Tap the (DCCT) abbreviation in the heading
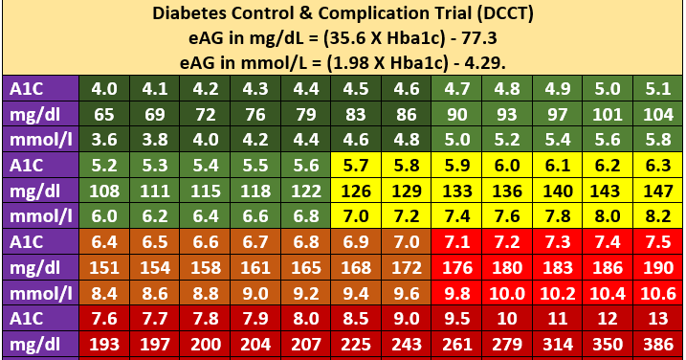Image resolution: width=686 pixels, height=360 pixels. click(x=484, y=14)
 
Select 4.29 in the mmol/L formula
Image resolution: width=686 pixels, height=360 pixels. click(x=485, y=63)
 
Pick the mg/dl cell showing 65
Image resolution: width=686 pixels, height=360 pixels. click(x=103, y=114)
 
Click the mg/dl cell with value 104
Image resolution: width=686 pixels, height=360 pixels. click(x=657, y=114)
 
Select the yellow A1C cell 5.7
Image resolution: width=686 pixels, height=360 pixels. click(x=356, y=164)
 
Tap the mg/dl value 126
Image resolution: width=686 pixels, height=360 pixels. click(x=356, y=190)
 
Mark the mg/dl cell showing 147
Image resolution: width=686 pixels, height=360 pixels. click(x=657, y=190)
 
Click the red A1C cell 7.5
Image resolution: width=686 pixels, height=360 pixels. click(x=657, y=239)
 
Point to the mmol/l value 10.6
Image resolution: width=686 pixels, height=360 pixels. click(x=657, y=289)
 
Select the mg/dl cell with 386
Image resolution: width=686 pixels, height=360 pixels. click(x=657, y=341)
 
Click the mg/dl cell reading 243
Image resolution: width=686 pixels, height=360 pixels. click(x=407, y=341)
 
